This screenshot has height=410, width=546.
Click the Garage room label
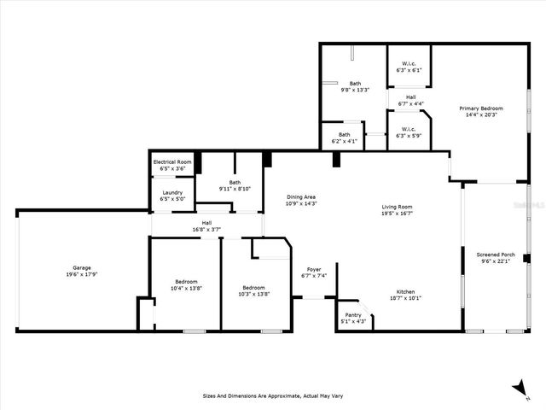(x=81, y=267)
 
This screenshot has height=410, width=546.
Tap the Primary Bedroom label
(x=480, y=108)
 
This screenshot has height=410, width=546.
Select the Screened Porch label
(x=495, y=255)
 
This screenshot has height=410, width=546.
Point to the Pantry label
(x=353, y=315)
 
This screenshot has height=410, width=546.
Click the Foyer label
(x=314, y=269)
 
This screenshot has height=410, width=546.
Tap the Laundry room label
(x=172, y=192)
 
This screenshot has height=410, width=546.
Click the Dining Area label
(x=300, y=196)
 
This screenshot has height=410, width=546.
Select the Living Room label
(x=397, y=207)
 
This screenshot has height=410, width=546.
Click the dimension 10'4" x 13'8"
(x=186, y=289)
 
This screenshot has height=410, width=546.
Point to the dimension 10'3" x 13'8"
(x=253, y=294)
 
